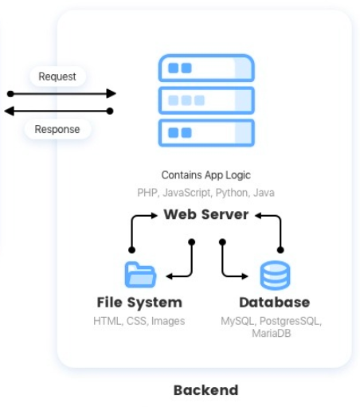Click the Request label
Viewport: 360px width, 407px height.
click(x=57, y=76)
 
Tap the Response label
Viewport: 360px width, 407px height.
click(x=57, y=129)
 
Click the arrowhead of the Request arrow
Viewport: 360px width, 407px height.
click(x=112, y=93)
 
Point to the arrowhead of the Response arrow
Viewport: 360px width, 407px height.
click(x=10, y=111)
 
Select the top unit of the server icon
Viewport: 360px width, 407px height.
click(x=206, y=68)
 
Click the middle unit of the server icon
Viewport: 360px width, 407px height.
click(x=206, y=100)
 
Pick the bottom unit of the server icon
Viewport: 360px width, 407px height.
click(x=206, y=133)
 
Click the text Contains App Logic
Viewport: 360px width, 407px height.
click(x=206, y=175)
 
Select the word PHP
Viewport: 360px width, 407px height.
click(x=147, y=193)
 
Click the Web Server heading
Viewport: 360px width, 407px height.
click(x=206, y=214)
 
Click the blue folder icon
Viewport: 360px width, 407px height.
click(x=140, y=275)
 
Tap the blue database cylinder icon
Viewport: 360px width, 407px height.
click(x=275, y=275)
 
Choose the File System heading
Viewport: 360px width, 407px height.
click(x=139, y=303)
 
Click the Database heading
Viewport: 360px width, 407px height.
click(x=275, y=303)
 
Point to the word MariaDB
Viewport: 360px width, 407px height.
click(x=272, y=333)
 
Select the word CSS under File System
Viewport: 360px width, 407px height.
click(x=136, y=321)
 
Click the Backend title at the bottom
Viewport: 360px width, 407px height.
click(x=206, y=390)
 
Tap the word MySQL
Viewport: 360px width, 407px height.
click(x=238, y=321)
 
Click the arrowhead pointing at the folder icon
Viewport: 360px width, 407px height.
click(x=169, y=276)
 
